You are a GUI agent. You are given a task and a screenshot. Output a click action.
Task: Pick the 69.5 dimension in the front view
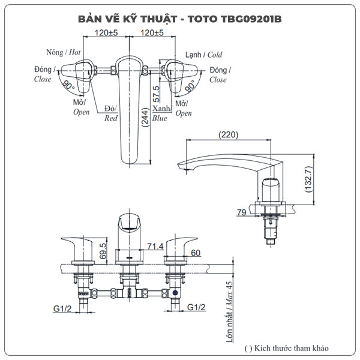[103, 249]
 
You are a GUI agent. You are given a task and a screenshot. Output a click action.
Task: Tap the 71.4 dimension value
[155, 247]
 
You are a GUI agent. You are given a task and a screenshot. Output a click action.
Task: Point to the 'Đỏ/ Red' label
[111, 113]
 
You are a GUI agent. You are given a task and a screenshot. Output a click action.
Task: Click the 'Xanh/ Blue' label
[160, 113]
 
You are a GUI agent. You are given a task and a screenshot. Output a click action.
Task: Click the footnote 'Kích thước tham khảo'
[286, 347]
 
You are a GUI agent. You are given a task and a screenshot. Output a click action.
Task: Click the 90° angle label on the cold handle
[190, 88]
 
